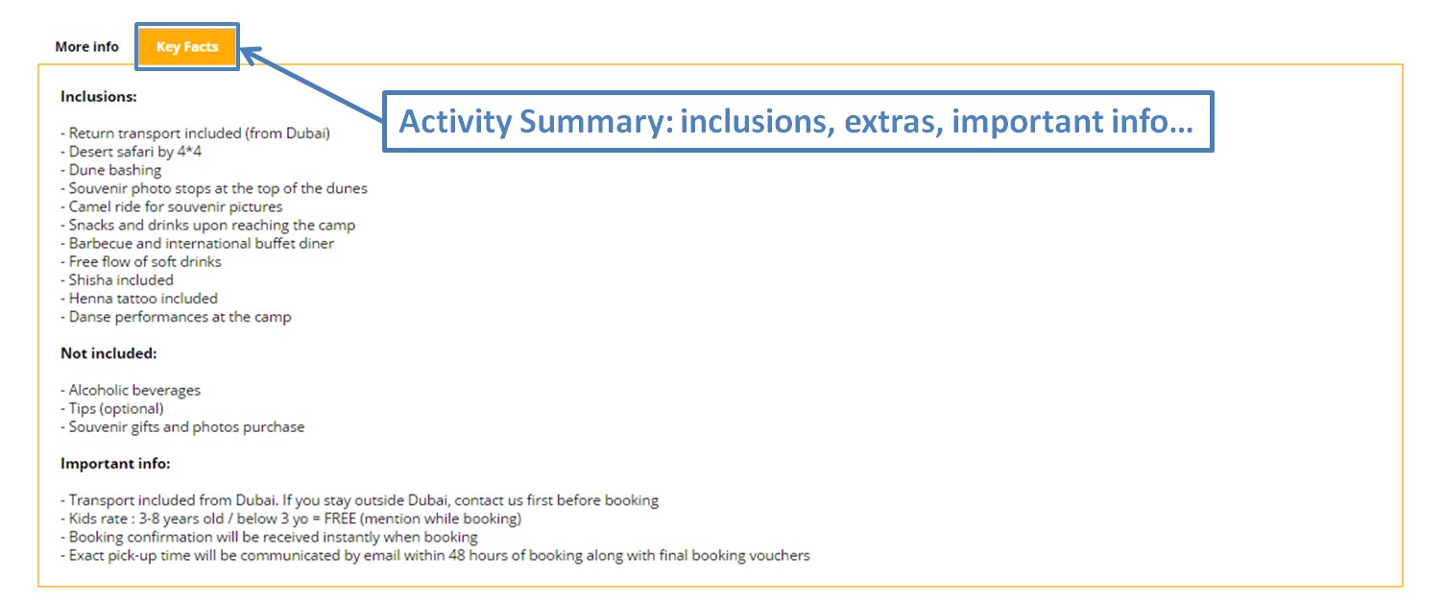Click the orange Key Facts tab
tap(187, 46)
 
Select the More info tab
tap(87, 46)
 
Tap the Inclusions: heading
tap(99, 96)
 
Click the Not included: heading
tap(108, 352)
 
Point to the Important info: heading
tap(115, 463)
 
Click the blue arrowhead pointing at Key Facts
tap(251, 54)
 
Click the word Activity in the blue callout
tap(455, 121)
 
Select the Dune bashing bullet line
tap(111, 170)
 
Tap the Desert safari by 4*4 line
tap(131, 152)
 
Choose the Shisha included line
tap(117, 279)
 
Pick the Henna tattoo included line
tap(139, 298)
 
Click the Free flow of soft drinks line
tap(140, 261)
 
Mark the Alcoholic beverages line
tap(131, 390)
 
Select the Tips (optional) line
tap(112, 408)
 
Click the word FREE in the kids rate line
tap(340, 519)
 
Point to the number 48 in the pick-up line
tap(457, 555)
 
